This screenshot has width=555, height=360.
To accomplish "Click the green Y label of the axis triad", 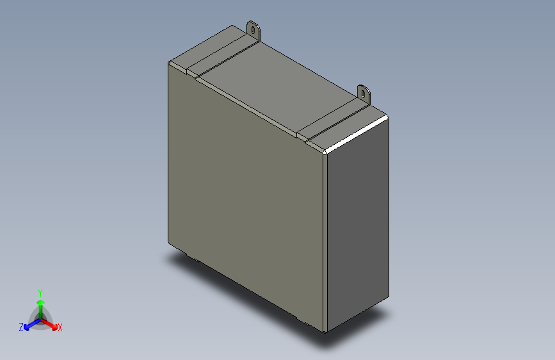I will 40,291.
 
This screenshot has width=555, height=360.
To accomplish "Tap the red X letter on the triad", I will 60,327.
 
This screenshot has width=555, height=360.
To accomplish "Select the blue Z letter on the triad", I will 21,327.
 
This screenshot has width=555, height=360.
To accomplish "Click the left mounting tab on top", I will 254,31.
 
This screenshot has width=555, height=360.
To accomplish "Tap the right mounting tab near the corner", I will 364,94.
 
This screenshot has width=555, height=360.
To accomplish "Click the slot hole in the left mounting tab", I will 254,29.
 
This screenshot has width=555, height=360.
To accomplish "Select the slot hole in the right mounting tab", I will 364,93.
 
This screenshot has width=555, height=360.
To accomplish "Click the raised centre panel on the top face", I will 275,83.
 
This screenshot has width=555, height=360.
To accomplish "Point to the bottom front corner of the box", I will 325,331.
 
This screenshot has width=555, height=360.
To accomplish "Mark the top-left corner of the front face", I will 170,64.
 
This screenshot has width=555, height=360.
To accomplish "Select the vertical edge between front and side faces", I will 325,243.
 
